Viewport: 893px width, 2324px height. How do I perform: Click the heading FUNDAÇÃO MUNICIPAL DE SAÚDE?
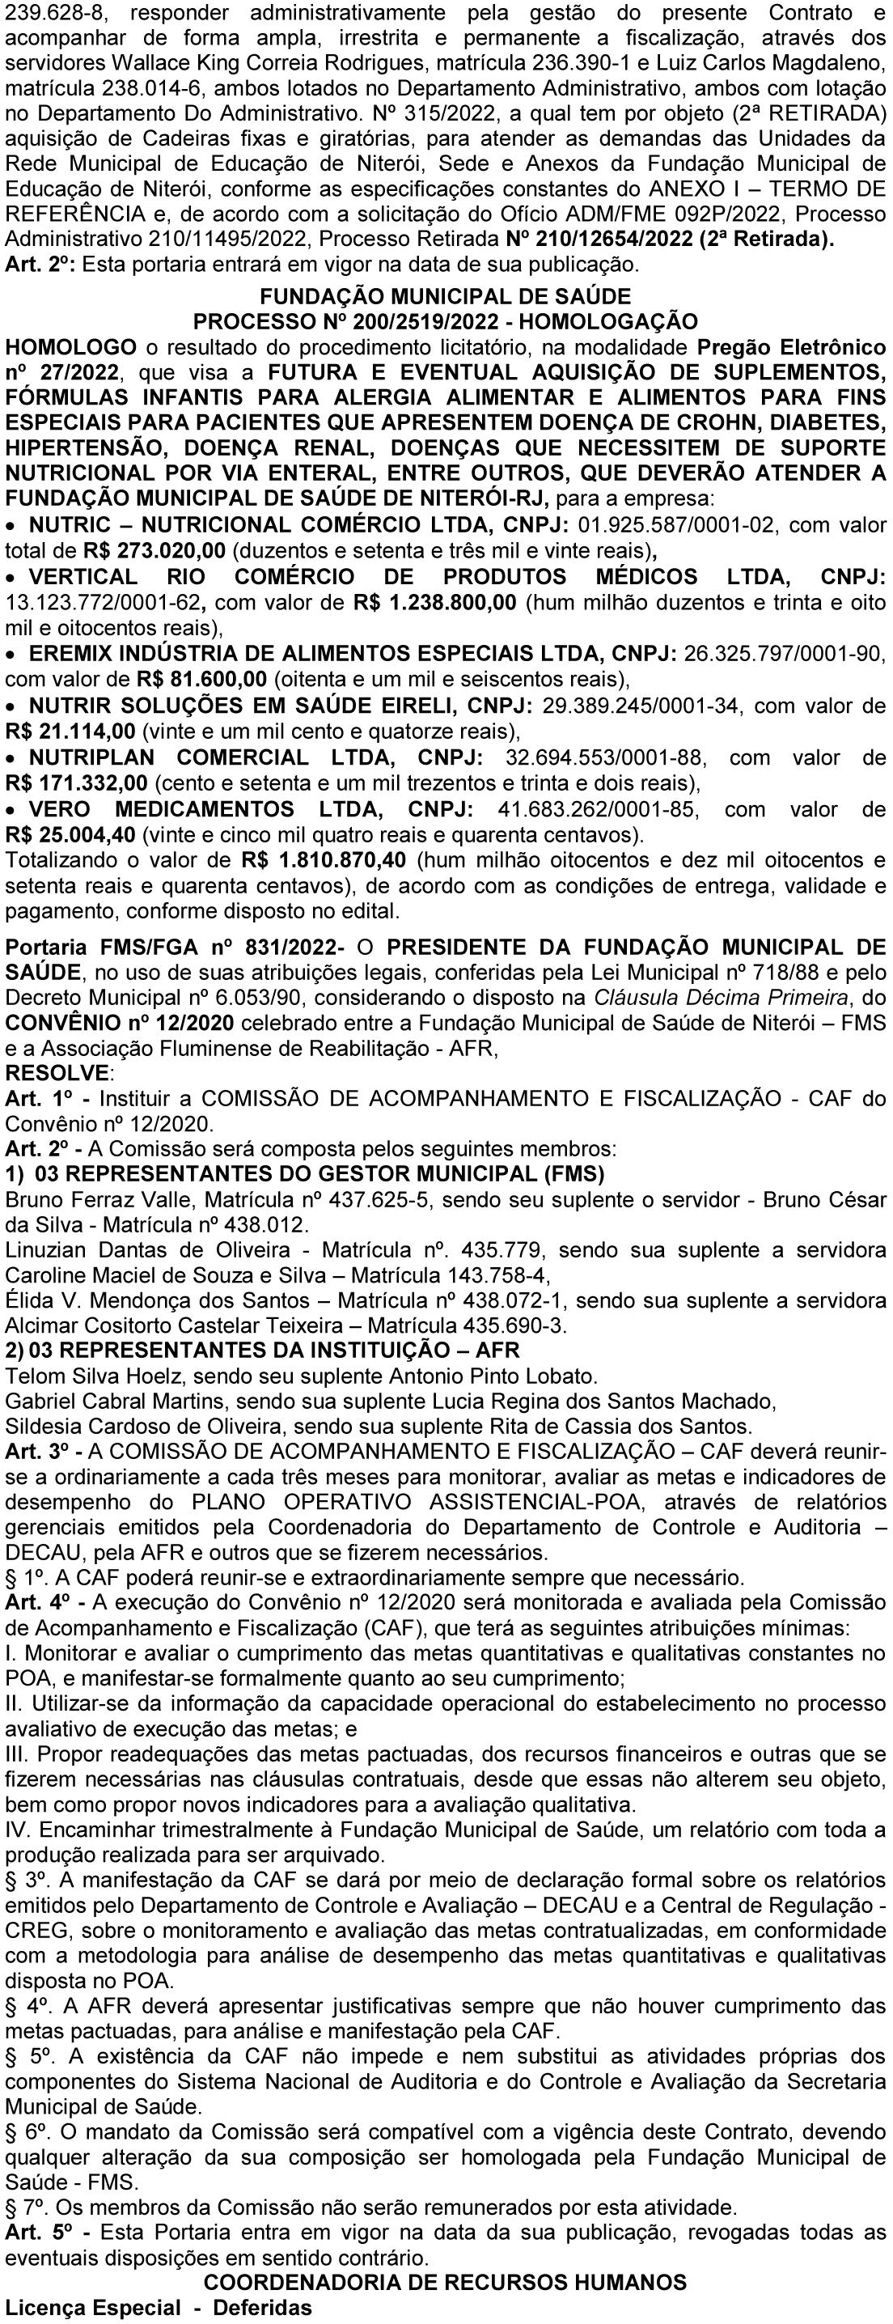pos(446,296)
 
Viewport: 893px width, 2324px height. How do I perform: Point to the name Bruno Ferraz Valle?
pos(101,1200)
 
